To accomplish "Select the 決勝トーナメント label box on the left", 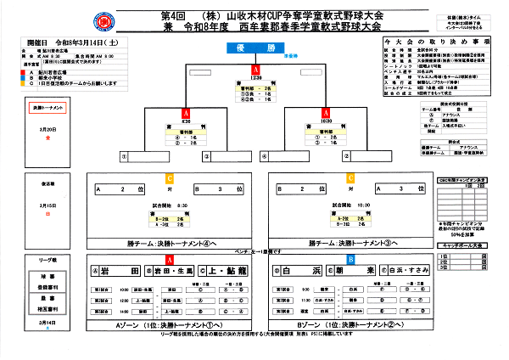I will click(47, 110).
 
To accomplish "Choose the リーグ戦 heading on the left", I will click(47, 254).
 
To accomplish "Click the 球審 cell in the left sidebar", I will click(47, 277).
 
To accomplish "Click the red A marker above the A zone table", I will click(170, 258).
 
